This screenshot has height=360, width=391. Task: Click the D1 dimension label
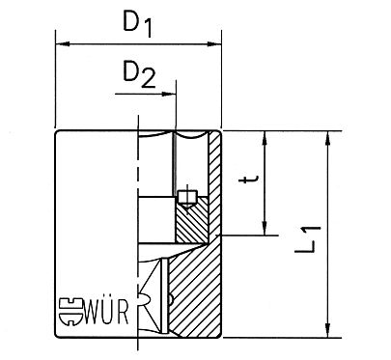138,20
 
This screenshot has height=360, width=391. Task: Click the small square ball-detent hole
187,199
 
